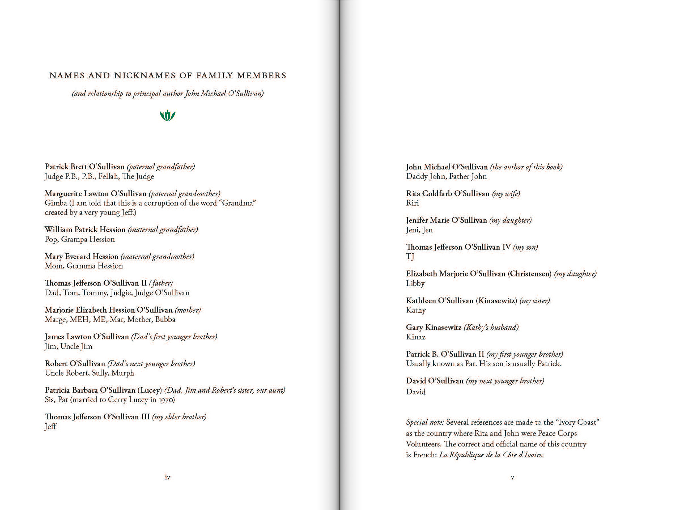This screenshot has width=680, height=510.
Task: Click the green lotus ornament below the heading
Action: pyautogui.click(x=167, y=115)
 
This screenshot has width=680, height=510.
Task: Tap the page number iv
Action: pyautogui.click(x=167, y=477)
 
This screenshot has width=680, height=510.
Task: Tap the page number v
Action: pyautogui.click(x=512, y=477)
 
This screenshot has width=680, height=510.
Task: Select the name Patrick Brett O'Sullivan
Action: pyautogui.click(x=85, y=167)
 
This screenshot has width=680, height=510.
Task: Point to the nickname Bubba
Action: pyautogui.click(x=165, y=319)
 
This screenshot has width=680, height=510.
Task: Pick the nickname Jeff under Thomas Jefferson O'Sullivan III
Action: pyautogui.click(x=50, y=427)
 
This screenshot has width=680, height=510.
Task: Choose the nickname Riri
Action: pyautogui.click(x=412, y=203)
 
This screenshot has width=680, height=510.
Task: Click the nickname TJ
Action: pyautogui.click(x=410, y=256)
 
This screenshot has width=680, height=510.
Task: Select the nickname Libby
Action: pyautogui.click(x=415, y=283)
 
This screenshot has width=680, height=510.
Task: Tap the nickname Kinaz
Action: pyautogui.click(x=415, y=337)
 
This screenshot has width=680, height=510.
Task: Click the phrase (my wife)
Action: pyautogui.click(x=506, y=194)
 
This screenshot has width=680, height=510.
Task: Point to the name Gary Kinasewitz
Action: pyautogui.click(x=433, y=327)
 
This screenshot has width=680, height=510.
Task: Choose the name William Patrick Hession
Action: pyautogui.click(x=85, y=230)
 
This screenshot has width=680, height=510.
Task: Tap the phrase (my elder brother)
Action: pyautogui.click(x=179, y=417)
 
